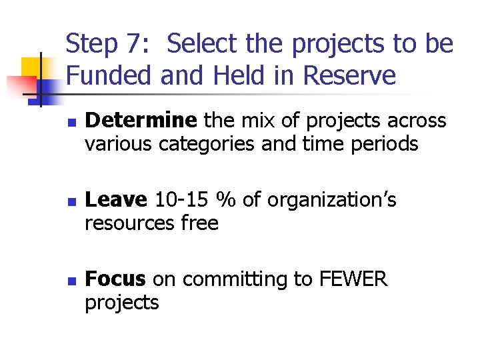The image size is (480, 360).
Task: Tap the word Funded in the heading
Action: [110, 76]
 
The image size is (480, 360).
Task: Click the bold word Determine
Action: [141, 121]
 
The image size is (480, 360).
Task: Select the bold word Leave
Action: [116, 199]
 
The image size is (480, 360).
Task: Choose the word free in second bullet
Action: [201, 223]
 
